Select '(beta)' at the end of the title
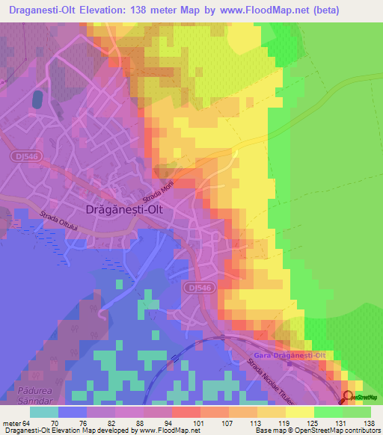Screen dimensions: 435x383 point(319,10)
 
